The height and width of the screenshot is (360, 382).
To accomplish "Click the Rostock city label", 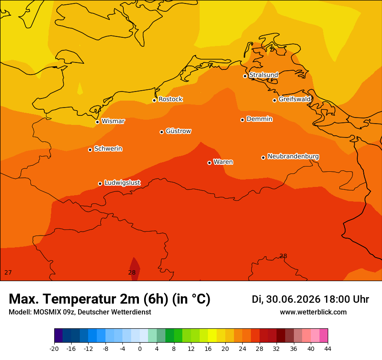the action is click(170, 99).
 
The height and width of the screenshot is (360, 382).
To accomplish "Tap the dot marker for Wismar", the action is click(97, 122).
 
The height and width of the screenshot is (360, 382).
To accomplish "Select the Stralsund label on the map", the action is click(263, 75).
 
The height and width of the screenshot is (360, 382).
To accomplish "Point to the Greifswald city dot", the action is click(274, 100).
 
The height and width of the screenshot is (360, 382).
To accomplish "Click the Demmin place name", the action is click(260, 119).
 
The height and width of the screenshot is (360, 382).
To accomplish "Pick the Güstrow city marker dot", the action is click(161, 132).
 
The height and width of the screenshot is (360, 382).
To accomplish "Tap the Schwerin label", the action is click(108, 148).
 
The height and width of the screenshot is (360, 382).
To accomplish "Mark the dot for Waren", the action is click(209, 163).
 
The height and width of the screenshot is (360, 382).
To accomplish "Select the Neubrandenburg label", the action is click(293, 156).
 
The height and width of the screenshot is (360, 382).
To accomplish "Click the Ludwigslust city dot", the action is click(100, 183).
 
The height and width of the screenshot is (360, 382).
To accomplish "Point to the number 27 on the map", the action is click(8, 272).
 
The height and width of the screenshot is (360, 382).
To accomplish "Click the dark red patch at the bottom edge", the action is click(135, 269).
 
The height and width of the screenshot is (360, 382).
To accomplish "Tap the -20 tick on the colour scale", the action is click(54, 349).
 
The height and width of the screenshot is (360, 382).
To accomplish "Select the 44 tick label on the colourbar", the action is click(328, 349).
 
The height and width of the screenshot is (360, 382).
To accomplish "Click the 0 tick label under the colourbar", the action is click(140, 349).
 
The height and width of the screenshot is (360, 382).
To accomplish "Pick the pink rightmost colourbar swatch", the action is click(323, 335).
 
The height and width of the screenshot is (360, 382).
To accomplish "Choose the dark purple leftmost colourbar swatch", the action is click(59, 335).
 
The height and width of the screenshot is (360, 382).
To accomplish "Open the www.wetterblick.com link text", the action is click(313, 312).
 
